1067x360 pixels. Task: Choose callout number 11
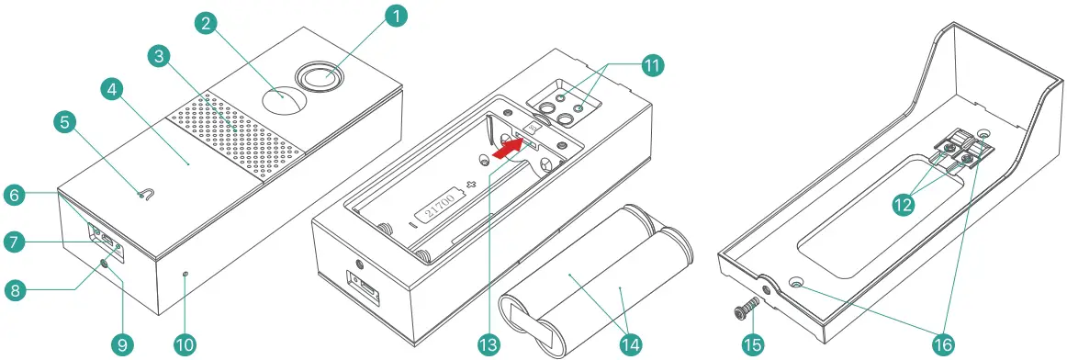point(653,65)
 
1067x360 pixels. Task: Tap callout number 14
point(631,344)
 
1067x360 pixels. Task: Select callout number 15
point(753,344)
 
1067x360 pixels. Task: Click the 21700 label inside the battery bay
point(439,209)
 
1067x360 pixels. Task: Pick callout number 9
point(121,344)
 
